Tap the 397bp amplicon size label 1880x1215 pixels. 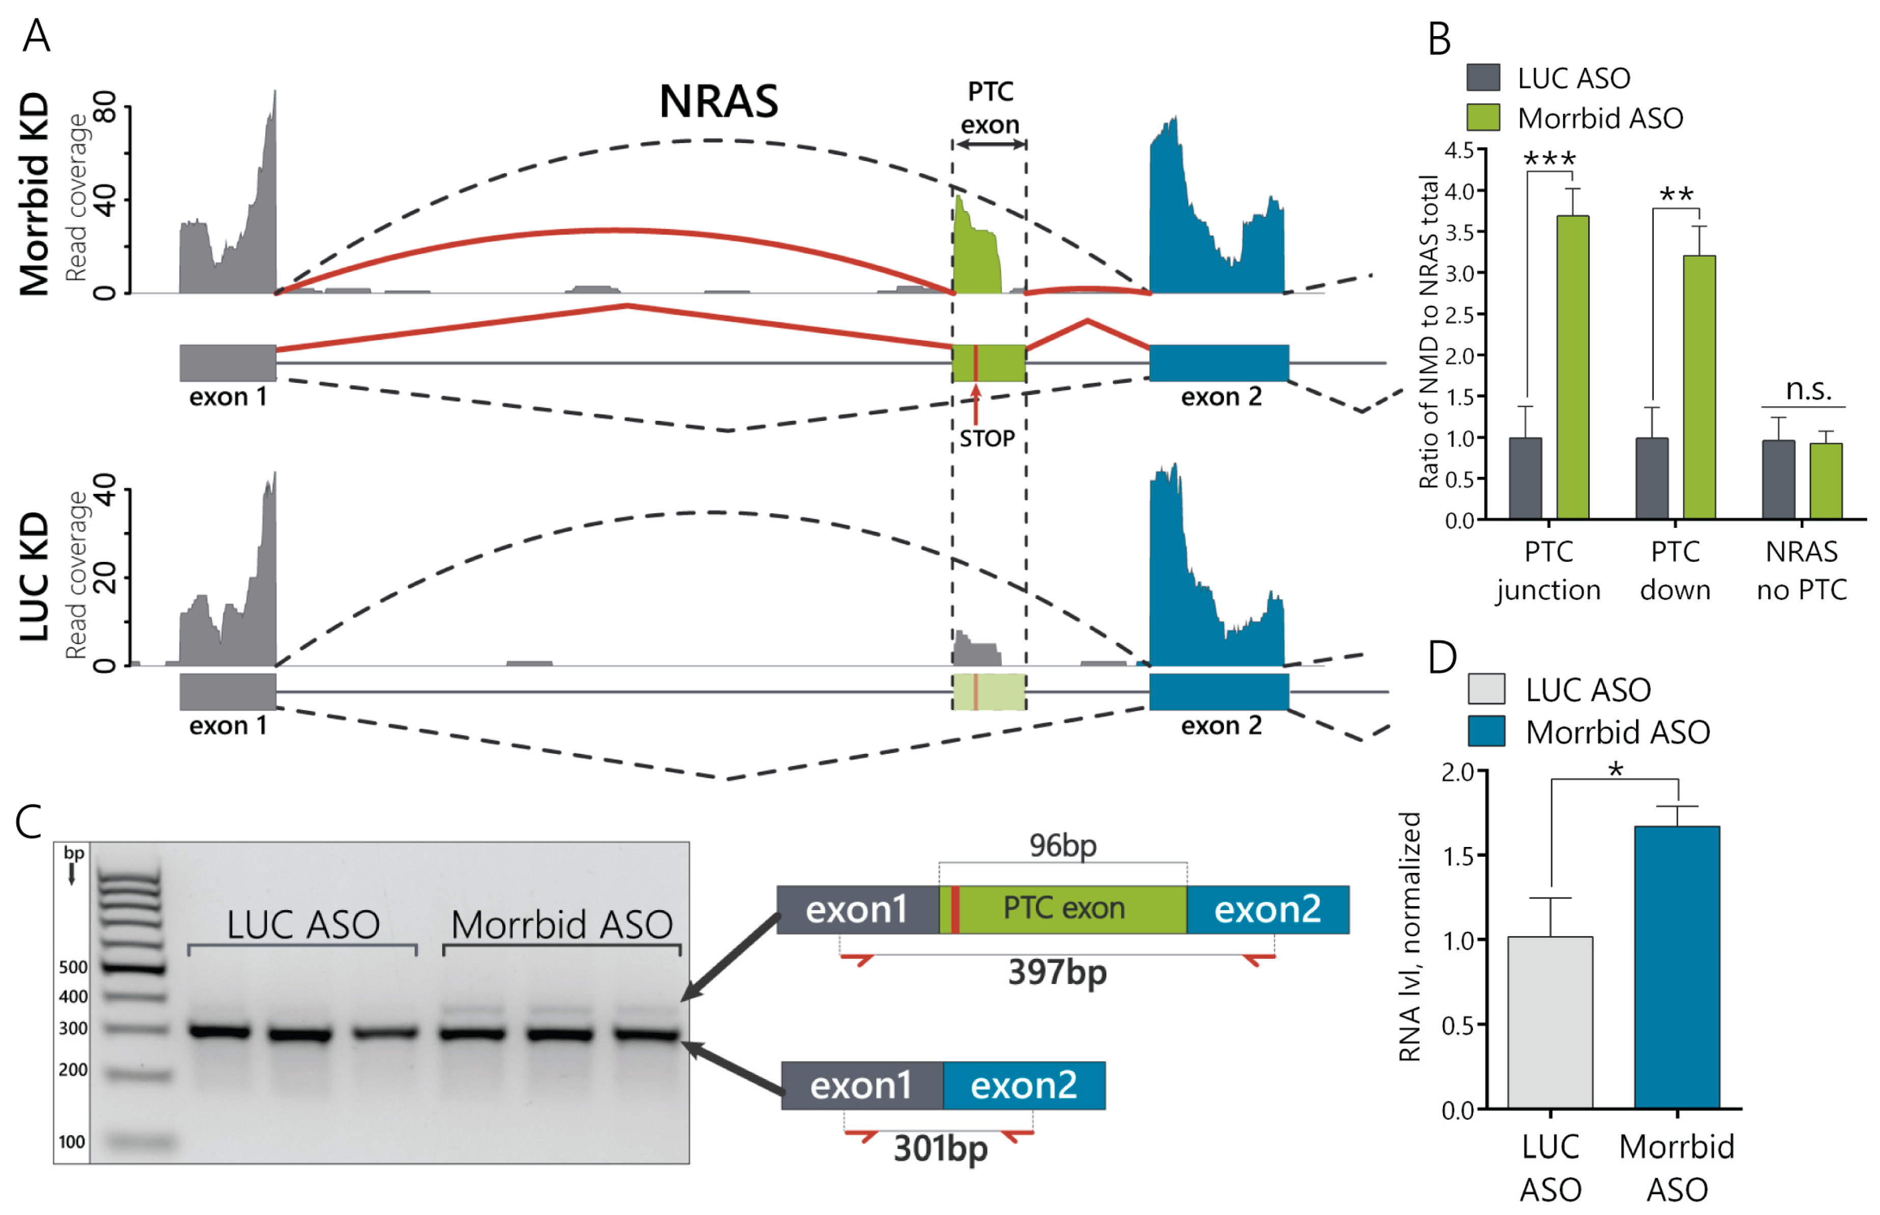pyautogui.click(x=1057, y=972)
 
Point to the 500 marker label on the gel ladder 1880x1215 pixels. pyautogui.click(x=73, y=967)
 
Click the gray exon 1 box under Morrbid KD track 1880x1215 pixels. pyautogui.click(x=227, y=363)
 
